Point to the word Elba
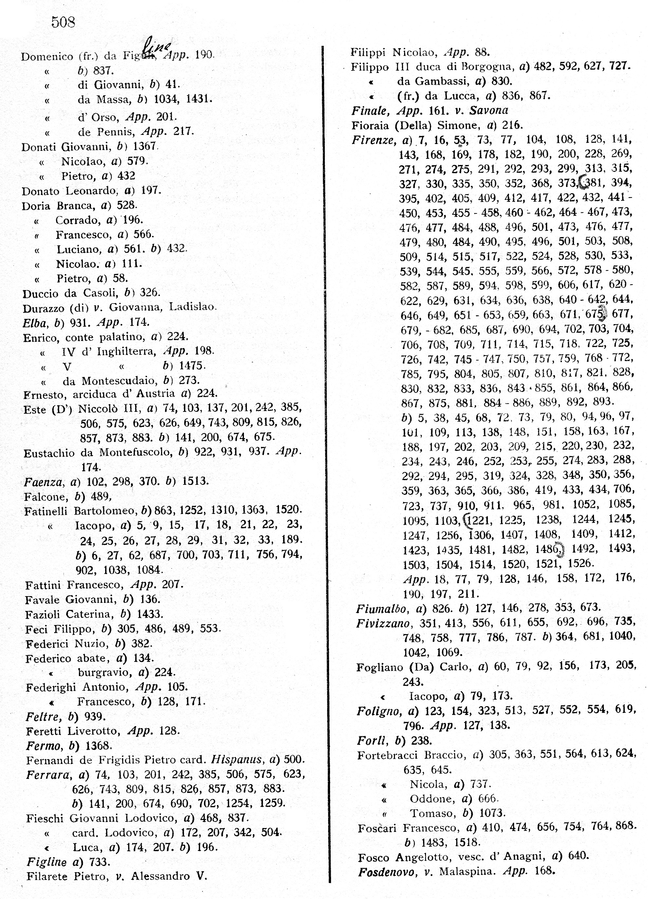click(35, 323)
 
